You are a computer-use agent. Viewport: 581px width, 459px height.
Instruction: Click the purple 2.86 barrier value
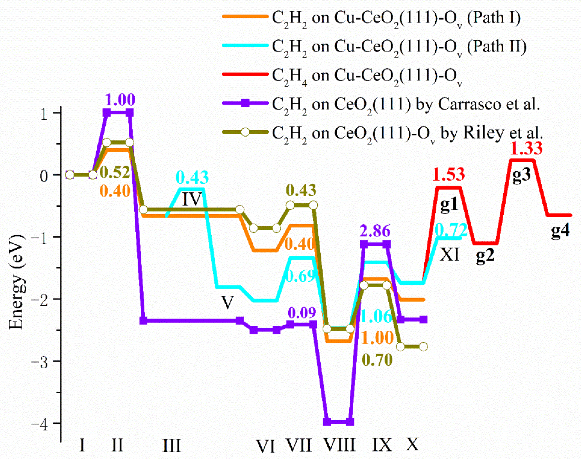[x=375, y=231]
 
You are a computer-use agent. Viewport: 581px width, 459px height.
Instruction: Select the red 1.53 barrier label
[x=449, y=174]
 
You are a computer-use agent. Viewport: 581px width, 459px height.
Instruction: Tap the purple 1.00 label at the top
[x=120, y=100]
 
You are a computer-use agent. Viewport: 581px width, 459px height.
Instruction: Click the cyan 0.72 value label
[x=451, y=230]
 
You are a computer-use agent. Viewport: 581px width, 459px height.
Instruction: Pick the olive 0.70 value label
[x=377, y=360]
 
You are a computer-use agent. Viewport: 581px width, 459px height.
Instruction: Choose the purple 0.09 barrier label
[x=302, y=313]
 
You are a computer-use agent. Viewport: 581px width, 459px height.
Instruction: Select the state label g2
[x=485, y=255]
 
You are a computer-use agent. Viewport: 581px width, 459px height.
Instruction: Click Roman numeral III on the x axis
[x=172, y=445]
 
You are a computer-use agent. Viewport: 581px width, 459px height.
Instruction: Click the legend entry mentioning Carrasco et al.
[x=406, y=104]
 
